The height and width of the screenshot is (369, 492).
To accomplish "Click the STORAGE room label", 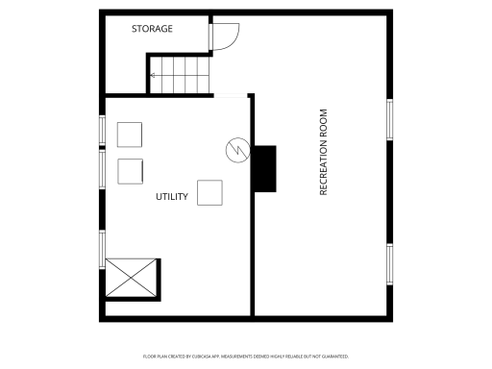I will coord(152,29).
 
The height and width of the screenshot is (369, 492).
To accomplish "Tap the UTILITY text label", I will coord(172,197).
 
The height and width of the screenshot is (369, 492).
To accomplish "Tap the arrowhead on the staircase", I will coord(152,73).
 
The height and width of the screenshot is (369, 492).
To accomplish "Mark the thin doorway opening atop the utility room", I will coord(232,94).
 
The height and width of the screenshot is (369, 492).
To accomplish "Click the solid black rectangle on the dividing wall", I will coord(264,167).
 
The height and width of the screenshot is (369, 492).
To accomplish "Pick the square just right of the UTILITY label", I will coord(210,192).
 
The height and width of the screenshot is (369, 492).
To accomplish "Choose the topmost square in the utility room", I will coord(130,134).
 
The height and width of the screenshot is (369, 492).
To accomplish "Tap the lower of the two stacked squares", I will coord(130,171).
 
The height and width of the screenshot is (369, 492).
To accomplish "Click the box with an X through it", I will coord(131,277).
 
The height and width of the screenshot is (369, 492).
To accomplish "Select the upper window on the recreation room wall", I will coord(390,118).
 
